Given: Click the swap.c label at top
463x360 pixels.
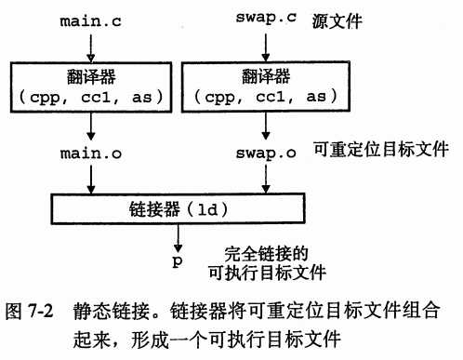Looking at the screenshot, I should [x=267, y=20].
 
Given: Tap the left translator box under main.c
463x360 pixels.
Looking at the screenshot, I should [x=90, y=87].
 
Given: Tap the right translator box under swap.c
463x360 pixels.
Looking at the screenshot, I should [x=267, y=87].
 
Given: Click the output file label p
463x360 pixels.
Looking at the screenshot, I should [x=177, y=261].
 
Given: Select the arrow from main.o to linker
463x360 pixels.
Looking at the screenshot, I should [x=90, y=179].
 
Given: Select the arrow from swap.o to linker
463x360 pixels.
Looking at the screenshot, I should [x=267, y=179].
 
